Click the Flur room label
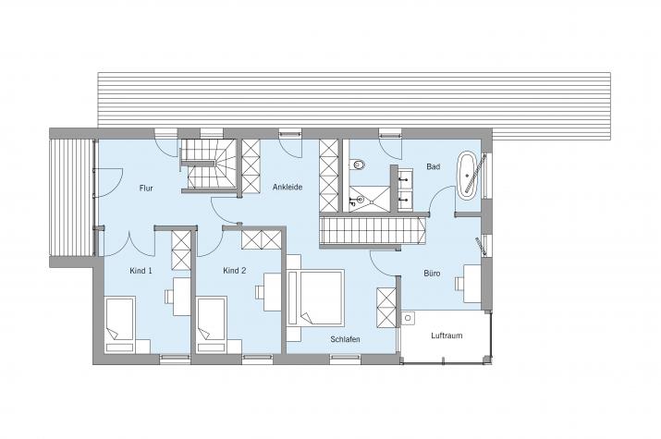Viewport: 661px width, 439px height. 146,189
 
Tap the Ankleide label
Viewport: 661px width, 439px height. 288,187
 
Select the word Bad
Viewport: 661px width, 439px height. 433,167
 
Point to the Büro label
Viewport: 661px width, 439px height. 432,274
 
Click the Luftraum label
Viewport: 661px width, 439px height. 447,335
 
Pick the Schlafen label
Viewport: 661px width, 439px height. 345,339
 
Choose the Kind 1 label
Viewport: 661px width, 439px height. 141,271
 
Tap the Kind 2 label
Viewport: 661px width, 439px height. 235,271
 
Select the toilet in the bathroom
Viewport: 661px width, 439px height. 358,164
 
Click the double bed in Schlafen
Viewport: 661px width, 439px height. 315,298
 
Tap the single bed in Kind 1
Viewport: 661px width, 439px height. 120,324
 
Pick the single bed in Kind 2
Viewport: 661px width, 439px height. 212,324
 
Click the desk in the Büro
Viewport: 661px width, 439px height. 472,284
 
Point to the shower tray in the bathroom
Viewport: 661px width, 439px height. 370,198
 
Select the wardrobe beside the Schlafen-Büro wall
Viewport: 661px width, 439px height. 386,307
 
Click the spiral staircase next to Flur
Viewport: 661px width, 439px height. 208,165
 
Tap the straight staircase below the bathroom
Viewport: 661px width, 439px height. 373,230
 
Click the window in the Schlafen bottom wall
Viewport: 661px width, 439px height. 345,359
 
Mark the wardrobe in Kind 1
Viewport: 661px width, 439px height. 181,250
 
